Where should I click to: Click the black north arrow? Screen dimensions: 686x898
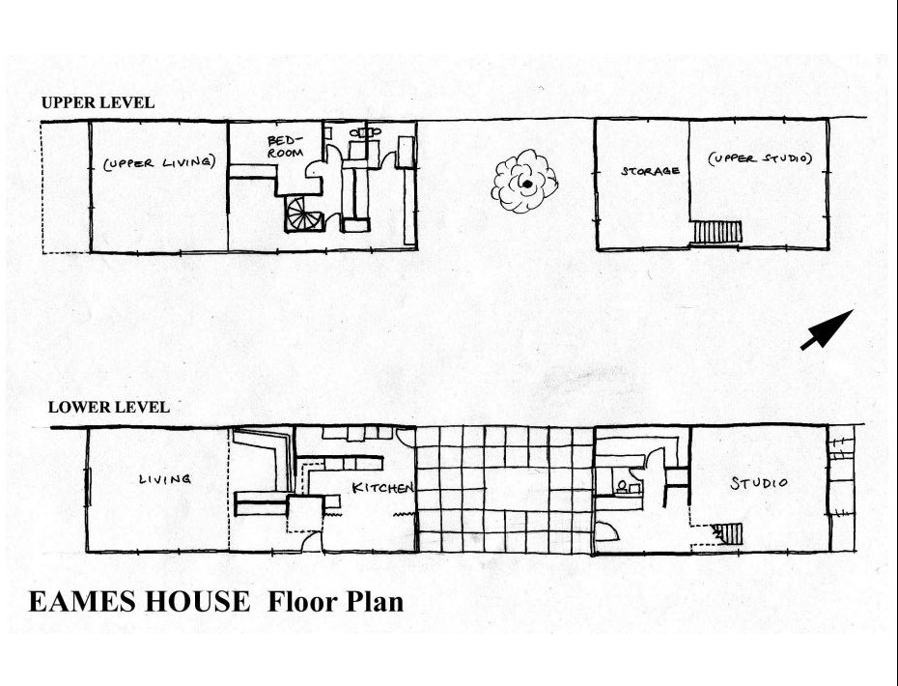pos(827,329)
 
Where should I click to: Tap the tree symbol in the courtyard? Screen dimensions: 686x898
pos(524,181)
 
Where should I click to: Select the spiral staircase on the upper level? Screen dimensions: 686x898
pos(305,214)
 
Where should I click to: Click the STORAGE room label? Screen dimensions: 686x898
pos(649,171)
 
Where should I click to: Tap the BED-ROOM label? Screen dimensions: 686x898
pos(285,146)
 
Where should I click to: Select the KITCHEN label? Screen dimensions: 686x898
pos(382,488)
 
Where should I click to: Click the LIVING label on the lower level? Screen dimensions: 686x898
pos(164,478)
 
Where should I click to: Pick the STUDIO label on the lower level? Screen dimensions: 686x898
pos(758,482)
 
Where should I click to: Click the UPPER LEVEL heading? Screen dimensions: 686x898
pos(98,102)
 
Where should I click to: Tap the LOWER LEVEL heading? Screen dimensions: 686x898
pos(108,408)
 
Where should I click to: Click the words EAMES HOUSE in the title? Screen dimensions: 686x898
pos(138,602)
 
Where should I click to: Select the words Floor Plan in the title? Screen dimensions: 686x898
pos(335,602)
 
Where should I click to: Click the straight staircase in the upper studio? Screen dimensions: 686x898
pos(716,232)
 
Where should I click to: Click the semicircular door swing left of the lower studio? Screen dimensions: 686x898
pos(607,532)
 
